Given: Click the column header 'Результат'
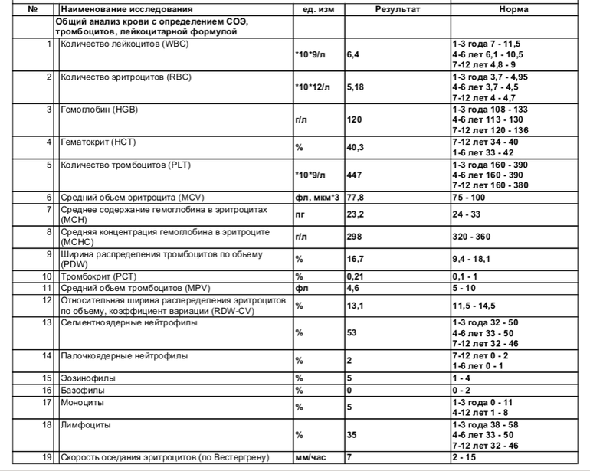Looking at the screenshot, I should click(397, 9).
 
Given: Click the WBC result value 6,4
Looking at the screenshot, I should click(353, 55).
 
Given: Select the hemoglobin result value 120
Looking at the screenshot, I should click(354, 120).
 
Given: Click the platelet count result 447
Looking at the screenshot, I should click(354, 175).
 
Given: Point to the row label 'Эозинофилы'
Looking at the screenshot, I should click(84, 378).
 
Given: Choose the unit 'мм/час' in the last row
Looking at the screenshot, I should click(310, 457).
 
